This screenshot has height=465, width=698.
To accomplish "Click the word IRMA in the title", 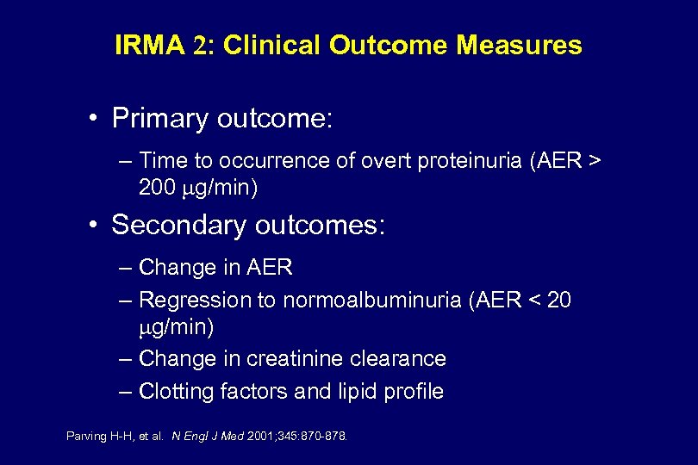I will point(149,46).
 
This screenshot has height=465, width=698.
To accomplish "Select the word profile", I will point(413,392).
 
